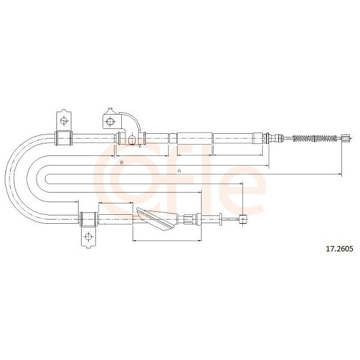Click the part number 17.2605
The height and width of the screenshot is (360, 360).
[340, 248]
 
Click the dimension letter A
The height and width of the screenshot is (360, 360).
[179, 171]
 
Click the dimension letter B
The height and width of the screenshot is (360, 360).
[122, 163]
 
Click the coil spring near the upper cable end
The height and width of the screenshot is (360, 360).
[315, 138]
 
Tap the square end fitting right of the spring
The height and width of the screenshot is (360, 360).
[346, 138]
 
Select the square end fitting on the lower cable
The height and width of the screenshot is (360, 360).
[243, 219]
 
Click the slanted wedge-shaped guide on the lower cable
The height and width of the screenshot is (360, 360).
[157, 219]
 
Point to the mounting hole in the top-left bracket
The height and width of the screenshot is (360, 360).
[64, 121]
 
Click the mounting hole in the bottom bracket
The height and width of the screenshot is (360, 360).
[88, 236]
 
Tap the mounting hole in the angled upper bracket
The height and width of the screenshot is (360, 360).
[110, 121]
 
